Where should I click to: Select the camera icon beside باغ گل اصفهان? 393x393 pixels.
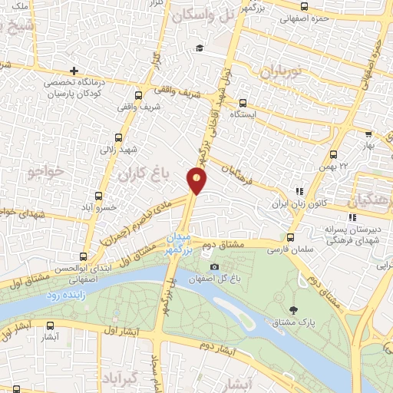214,266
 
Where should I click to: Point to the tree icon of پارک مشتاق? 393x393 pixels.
294,311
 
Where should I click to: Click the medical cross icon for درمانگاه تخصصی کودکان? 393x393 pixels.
74,71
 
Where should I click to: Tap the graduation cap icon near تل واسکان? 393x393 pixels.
200,48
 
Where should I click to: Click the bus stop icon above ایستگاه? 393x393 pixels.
243,102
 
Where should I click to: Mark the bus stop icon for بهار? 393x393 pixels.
368,131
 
